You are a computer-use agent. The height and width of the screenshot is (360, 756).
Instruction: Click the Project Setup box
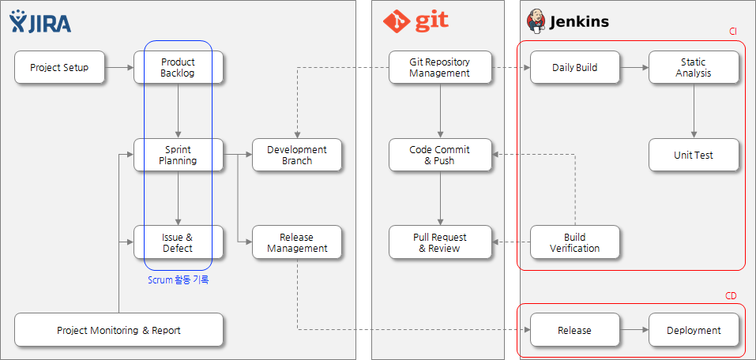tap(59, 68)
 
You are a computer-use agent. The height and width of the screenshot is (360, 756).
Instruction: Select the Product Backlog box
tap(178, 68)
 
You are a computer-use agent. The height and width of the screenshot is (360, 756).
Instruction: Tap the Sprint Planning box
tap(178, 155)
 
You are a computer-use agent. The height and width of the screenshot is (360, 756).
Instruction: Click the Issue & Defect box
tap(178, 242)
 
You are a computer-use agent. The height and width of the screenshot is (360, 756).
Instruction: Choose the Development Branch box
tap(296, 155)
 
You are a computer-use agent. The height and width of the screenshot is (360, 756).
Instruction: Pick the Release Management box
tap(296, 242)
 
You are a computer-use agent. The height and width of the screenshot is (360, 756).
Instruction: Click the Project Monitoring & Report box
tap(118, 330)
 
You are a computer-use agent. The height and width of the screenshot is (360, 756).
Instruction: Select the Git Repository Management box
tap(440, 68)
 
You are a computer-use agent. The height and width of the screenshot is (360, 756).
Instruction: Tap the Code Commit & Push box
tap(440, 155)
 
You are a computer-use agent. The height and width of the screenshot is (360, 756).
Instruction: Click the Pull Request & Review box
tap(440, 242)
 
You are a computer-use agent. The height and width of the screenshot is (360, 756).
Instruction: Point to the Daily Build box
tap(574, 68)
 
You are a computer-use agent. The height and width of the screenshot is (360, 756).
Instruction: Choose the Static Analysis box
tap(693, 68)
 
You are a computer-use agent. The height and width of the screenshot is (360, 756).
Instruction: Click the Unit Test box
tap(693, 155)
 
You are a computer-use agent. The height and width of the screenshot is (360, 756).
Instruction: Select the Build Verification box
tap(574, 242)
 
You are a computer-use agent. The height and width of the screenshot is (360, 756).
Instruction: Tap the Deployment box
tap(693, 330)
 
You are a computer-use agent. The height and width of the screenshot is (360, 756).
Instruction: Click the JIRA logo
tap(40, 22)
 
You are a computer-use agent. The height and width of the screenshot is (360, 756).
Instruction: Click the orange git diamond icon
tap(396, 22)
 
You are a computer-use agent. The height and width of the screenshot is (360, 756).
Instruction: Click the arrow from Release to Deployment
tap(634, 330)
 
